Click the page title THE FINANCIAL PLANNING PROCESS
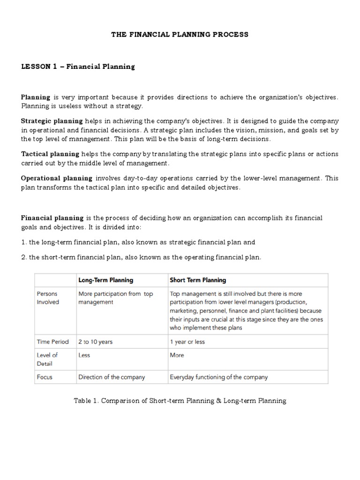point(180,35)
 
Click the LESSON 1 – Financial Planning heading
point(78,67)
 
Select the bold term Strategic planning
point(52,121)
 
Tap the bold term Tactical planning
point(50,154)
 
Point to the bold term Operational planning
point(57,178)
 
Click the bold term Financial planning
point(52,218)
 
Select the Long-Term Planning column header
point(105,280)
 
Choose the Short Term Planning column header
point(197,280)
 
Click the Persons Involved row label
point(48,298)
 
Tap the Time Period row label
point(52,342)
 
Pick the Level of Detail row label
point(47,359)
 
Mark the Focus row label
point(45,376)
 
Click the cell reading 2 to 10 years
point(96,342)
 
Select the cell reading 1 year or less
point(187,342)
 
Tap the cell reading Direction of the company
point(112,376)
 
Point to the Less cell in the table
point(84,355)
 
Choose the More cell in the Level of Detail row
point(177,355)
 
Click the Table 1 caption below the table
point(180,401)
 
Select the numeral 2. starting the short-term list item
point(24,257)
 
